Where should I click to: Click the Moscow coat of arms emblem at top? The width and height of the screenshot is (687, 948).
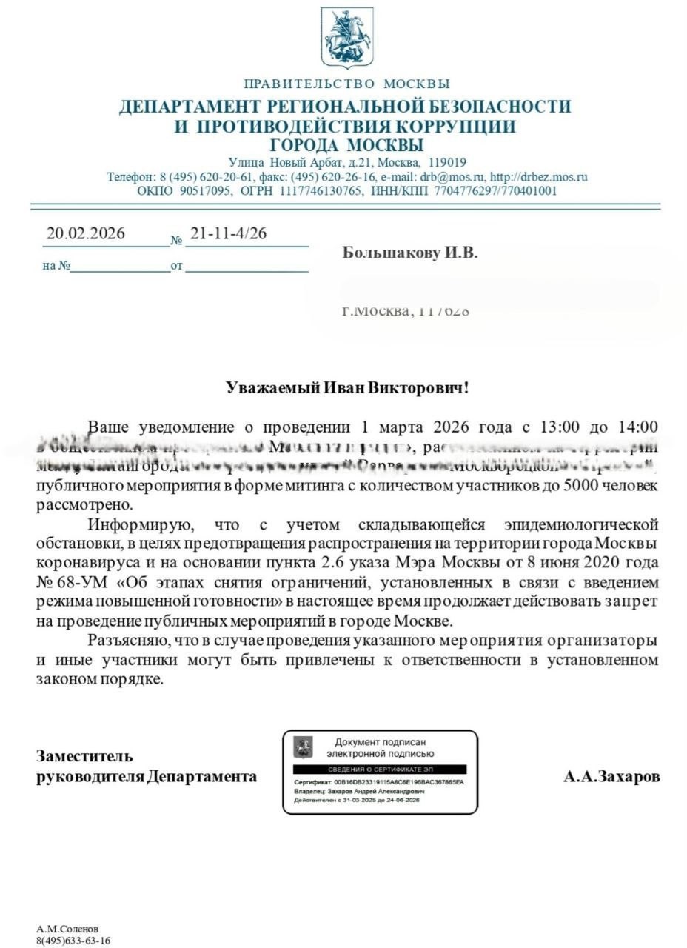346,37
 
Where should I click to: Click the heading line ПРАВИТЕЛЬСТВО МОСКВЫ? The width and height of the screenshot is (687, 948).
346,84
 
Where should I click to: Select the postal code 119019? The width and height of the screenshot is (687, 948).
443,162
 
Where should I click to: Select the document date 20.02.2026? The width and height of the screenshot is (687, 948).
86,233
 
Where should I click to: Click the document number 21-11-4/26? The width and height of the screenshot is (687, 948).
228,233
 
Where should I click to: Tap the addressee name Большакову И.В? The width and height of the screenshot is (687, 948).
410,253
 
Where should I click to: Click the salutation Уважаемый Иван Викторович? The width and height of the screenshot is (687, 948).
347,387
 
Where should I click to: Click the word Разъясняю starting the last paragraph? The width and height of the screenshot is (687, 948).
124,640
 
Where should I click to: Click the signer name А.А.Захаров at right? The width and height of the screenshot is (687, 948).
611,777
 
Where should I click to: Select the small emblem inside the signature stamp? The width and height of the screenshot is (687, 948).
304,747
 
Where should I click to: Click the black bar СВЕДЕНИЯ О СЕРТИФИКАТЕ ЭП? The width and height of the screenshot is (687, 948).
380,770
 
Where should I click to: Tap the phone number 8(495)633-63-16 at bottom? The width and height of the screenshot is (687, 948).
73,941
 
